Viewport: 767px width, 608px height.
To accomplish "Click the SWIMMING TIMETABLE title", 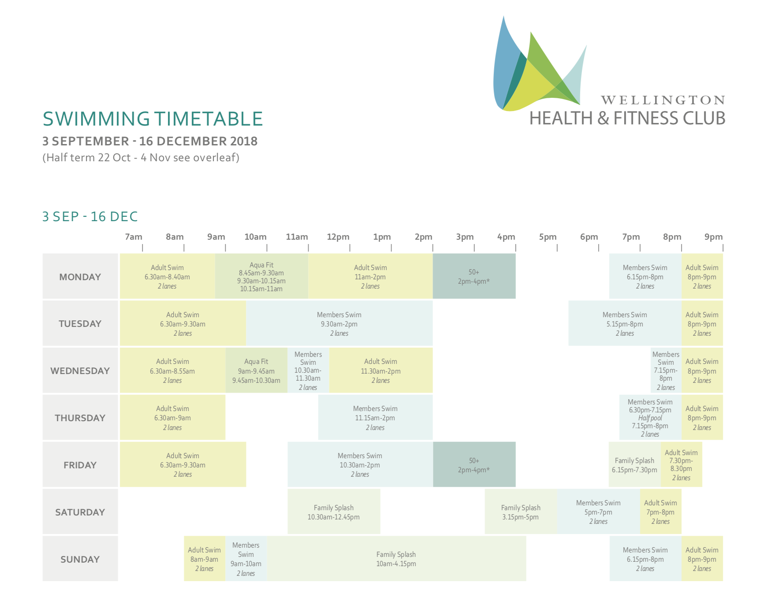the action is [153, 119].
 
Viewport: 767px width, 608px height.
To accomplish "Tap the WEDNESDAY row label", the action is [80, 371].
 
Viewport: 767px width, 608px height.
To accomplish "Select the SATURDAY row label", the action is [80, 512].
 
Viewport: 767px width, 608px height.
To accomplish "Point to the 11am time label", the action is [297, 237].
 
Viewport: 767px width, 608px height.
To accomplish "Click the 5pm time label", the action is [548, 237].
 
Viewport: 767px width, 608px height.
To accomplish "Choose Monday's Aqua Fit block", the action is [262, 276].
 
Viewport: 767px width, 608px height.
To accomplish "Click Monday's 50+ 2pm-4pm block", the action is [474, 276].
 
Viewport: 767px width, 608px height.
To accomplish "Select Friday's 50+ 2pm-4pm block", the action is [474, 464].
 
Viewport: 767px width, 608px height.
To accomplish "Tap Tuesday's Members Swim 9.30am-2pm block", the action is [339, 323].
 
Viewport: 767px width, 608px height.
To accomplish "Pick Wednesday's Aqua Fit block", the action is [257, 371].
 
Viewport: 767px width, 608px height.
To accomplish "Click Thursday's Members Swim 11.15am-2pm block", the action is [376, 417].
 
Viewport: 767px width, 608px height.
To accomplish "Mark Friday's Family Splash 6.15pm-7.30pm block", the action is [635, 464].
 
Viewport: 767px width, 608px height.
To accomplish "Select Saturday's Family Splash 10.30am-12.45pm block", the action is [334, 512].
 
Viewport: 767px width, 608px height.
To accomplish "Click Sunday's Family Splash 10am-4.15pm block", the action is [396, 559].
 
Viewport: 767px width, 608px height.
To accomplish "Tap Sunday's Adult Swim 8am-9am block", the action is [205, 559].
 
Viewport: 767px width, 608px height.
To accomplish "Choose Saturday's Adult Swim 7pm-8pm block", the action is [661, 512].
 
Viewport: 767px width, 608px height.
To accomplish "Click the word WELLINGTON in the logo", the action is [663, 100].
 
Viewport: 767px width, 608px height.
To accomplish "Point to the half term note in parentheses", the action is [141, 158].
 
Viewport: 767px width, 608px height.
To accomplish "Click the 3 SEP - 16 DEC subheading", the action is [90, 217].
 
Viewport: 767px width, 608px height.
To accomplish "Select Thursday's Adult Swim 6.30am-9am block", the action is [173, 417].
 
